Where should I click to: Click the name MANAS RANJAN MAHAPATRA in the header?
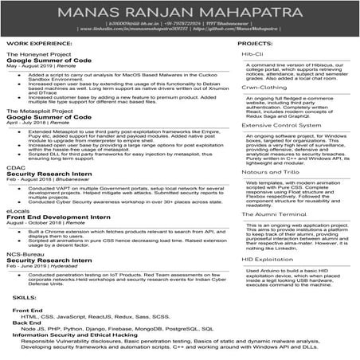(179, 14)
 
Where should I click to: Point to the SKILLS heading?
(24, 296)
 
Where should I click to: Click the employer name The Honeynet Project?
(37, 53)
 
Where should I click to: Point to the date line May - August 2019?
(32, 66)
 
